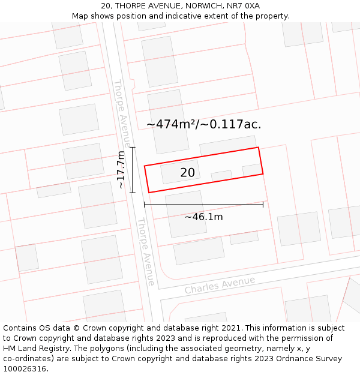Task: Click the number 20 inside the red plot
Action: [x=187, y=173]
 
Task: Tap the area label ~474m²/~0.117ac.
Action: [x=203, y=124]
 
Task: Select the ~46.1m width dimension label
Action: [x=203, y=217]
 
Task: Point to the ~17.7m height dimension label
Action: [x=121, y=170]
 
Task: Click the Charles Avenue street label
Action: [x=220, y=284]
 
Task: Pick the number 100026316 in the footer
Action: [x=25, y=368]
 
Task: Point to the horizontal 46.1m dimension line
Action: [x=203, y=205]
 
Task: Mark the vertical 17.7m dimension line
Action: [x=133, y=170]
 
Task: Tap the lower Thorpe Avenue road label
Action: [x=145, y=251]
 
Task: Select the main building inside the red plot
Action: [x=181, y=172]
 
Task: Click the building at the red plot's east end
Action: [x=252, y=170]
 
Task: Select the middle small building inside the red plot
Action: [x=221, y=176]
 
